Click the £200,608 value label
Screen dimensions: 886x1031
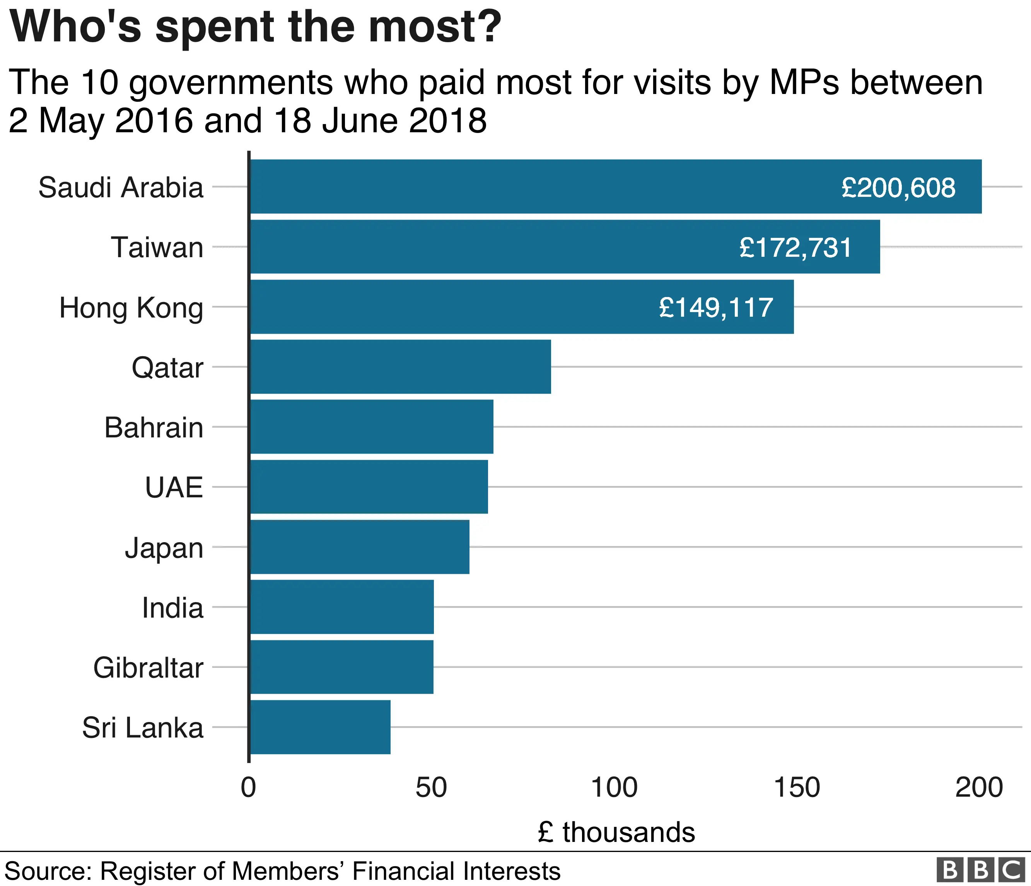(898, 188)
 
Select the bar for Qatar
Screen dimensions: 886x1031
(401, 367)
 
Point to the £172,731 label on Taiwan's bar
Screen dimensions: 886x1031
(795, 248)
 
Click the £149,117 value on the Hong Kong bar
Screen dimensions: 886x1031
(715, 307)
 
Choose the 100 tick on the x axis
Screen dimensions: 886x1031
(614, 787)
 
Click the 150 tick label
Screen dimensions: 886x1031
(797, 787)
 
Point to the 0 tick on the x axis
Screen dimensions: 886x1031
(248, 787)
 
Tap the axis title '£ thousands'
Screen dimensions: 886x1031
(616, 832)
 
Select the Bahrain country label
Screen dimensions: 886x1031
(154, 427)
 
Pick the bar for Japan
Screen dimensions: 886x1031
(359, 547)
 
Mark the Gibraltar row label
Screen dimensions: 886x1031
(148, 667)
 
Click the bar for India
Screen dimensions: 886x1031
(341, 607)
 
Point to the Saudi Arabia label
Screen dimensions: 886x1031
(121, 188)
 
